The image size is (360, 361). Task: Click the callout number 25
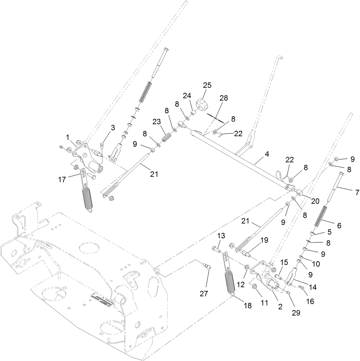point(207,85)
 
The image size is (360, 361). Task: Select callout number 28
point(224,98)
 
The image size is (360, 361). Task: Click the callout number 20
point(315,201)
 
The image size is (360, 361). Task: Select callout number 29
point(296,312)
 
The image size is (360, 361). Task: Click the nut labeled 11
point(255,287)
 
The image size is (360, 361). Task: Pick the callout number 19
point(265,240)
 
